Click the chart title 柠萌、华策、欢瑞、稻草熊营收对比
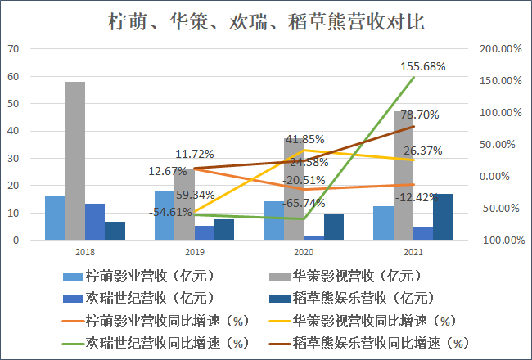pyautogui.click(x=266, y=20)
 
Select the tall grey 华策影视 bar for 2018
pyautogui.click(x=75, y=160)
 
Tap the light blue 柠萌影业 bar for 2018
pyautogui.click(x=55, y=218)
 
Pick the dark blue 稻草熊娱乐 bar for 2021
pyautogui.click(x=443, y=217)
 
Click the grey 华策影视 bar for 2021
pyautogui.click(x=403, y=176)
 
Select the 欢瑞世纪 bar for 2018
pyautogui.click(x=95, y=222)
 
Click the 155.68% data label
pyautogui.click(x=423, y=66)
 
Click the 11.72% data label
pyautogui.click(x=194, y=154)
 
